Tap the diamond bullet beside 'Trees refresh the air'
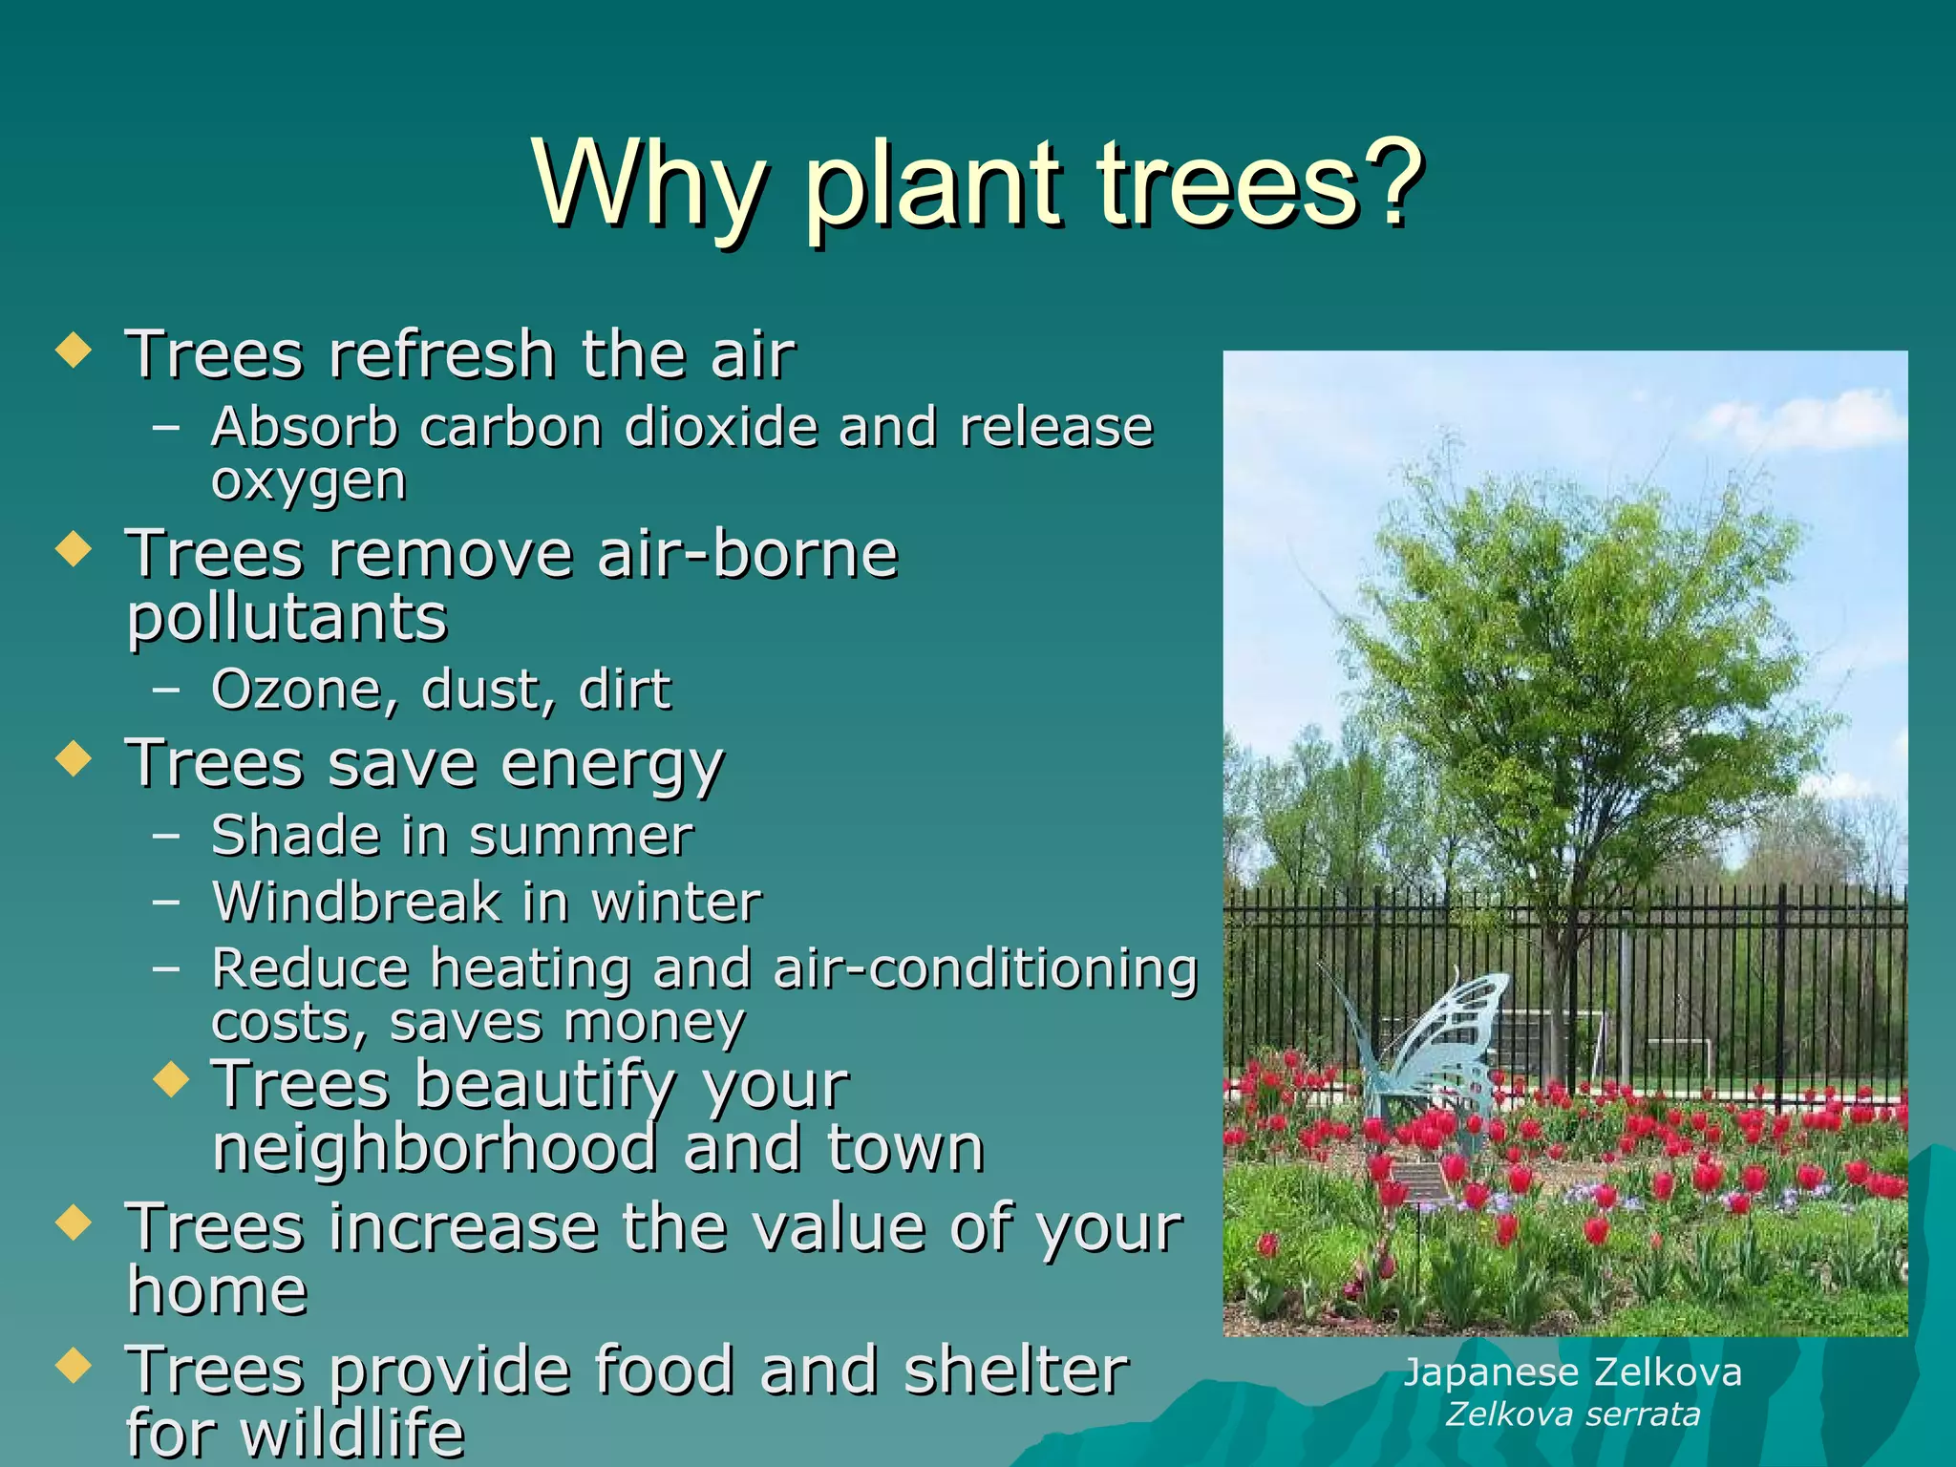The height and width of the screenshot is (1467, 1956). (x=74, y=350)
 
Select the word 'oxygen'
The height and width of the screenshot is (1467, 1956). (x=308, y=481)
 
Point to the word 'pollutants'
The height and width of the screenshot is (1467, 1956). (x=287, y=619)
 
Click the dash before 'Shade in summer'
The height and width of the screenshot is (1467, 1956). (x=165, y=835)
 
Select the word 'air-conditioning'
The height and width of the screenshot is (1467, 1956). (x=985, y=968)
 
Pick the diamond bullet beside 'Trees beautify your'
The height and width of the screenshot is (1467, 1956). (x=171, y=1080)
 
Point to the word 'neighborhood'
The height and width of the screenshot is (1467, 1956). (x=435, y=1148)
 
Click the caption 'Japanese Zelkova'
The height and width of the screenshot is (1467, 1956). (x=1572, y=1373)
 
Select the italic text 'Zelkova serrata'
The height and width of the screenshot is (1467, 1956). (x=1572, y=1414)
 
